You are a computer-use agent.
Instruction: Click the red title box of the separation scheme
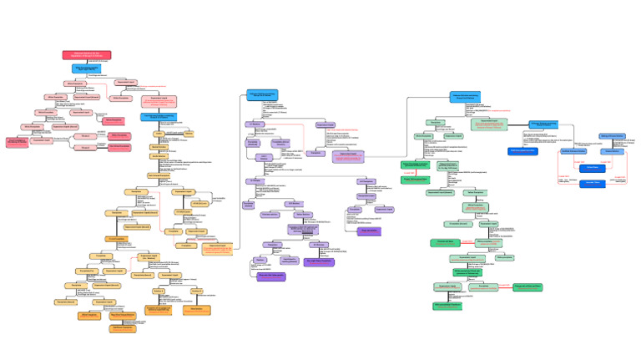(86, 55)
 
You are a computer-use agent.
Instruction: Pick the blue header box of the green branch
(465, 97)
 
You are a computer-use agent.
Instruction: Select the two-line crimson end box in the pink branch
(18, 142)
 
